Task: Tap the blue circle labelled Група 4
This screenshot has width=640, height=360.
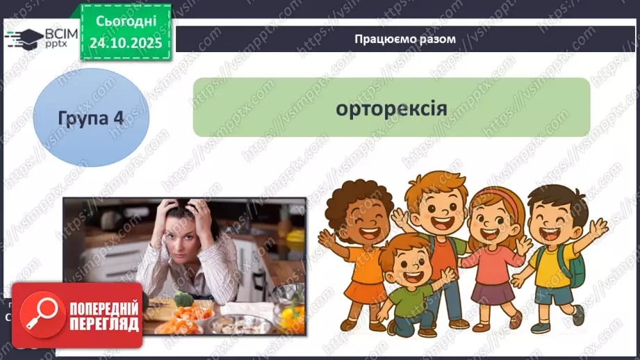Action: coord(91,117)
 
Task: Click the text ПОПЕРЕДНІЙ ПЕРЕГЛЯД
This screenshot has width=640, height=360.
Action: coord(103,316)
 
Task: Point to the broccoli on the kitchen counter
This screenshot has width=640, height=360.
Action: coord(182,301)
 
